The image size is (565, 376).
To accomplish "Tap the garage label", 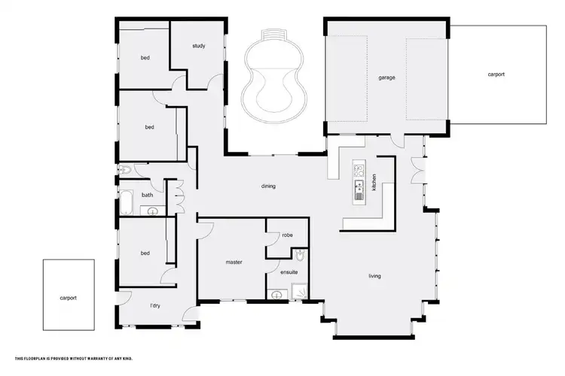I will click(x=387, y=77).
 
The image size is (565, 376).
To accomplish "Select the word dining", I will click(x=267, y=186).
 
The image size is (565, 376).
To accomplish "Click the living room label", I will click(x=374, y=276).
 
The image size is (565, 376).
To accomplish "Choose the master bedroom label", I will click(x=234, y=262).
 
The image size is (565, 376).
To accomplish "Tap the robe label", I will click(x=287, y=235).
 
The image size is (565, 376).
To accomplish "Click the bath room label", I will click(x=147, y=196).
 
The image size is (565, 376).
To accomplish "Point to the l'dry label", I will click(x=155, y=306).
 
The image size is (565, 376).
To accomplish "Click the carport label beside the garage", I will click(x=496, y=74).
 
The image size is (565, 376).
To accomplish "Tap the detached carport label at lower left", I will click(x=68, y=298).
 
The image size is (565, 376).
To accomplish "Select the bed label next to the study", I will click(x=145, y=58).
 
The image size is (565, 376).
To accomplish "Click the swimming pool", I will click(x=273, y=83).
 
